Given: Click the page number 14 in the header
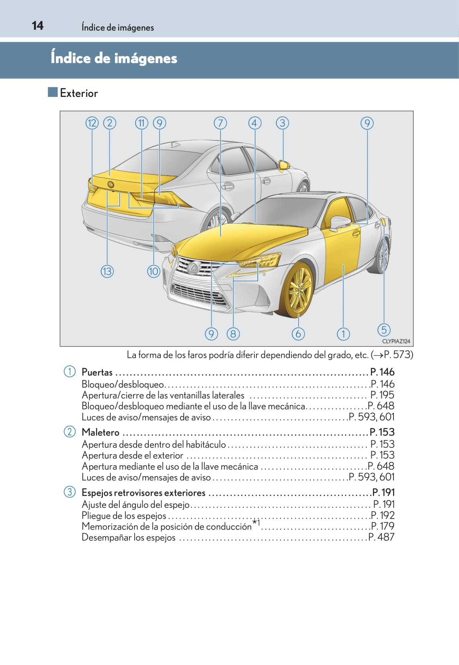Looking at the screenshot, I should [x=37, y=26].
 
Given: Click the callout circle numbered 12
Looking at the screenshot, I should [x=92, y=123].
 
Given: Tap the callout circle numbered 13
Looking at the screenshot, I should [x=107, y=271].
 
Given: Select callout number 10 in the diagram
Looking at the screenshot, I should [x=154, y=271].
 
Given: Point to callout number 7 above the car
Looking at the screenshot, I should [x=220, y=123].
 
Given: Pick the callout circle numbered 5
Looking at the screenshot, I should [x=384, y=330].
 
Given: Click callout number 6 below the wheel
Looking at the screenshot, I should [x=298, y=334].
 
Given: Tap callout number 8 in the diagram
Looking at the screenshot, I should [x=233, y=334].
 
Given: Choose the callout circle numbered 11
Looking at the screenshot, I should [x=141, y=123].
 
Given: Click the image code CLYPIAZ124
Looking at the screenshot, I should [x=396, y=341].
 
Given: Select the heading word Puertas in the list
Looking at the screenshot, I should [x=97, y=372].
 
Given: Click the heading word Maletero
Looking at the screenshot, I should [x=100, y=432].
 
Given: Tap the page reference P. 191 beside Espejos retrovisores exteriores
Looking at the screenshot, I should [x=383, y=493].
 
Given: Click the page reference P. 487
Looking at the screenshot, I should [x=381, y=537].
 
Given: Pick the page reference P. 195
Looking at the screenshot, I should [x=382, y=395].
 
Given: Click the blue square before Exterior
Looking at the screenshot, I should [x=53, y=92].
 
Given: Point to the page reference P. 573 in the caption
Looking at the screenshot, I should [x=397, y=355].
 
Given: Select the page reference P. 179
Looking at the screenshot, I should [x=383, y=526].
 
